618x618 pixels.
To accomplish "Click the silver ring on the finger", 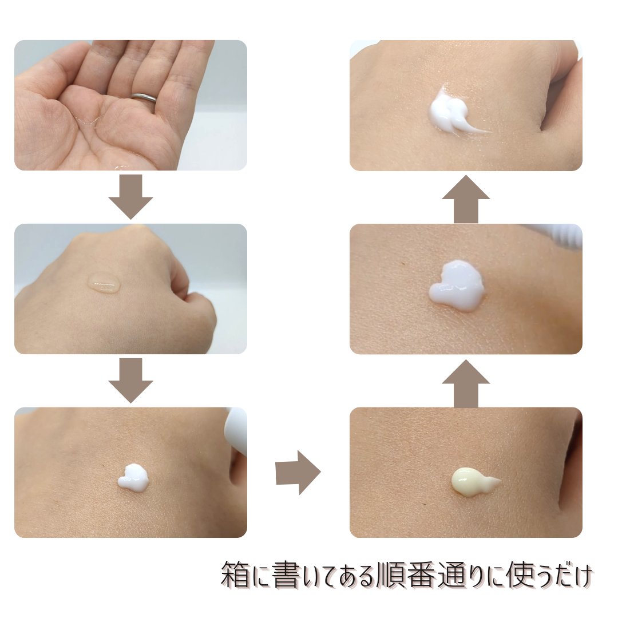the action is (x=144, y=98).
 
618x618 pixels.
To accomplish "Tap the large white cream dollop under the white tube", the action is (x=457, y=286).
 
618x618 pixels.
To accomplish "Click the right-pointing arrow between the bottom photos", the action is (x=298, y=472).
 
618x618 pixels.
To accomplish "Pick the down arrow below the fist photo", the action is (x=131, y=381).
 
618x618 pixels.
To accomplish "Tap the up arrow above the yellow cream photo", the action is (x=466, y=383).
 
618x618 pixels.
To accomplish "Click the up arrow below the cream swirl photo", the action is (x=466, y=200).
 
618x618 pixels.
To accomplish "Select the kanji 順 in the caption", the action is (x=390, y=575).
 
